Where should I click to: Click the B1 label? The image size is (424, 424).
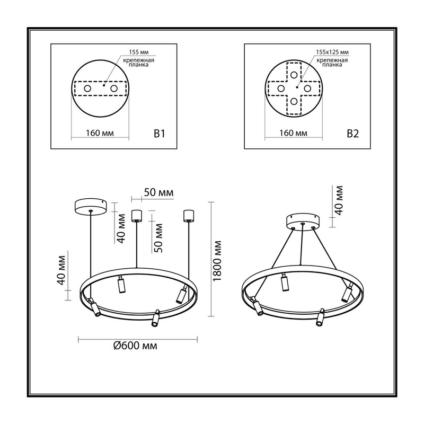click(x=160, y=134)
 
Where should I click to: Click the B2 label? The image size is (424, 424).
click(x=352, y=134)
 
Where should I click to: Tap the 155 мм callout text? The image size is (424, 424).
click(x=139, y=52)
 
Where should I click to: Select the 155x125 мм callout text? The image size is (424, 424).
click(x=332, y=52)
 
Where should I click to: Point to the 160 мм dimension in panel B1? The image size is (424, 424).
click(x=100, y=133)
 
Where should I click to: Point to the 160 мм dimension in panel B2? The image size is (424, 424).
click(x=294, y=133)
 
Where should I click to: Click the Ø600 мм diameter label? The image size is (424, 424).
click(x=135, y=346)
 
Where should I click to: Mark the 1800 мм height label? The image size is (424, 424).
click(x=217, y=261)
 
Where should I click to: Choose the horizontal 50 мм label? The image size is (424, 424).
click(x=158, y=192)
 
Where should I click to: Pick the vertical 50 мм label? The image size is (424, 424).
click(x=158, y=238)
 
